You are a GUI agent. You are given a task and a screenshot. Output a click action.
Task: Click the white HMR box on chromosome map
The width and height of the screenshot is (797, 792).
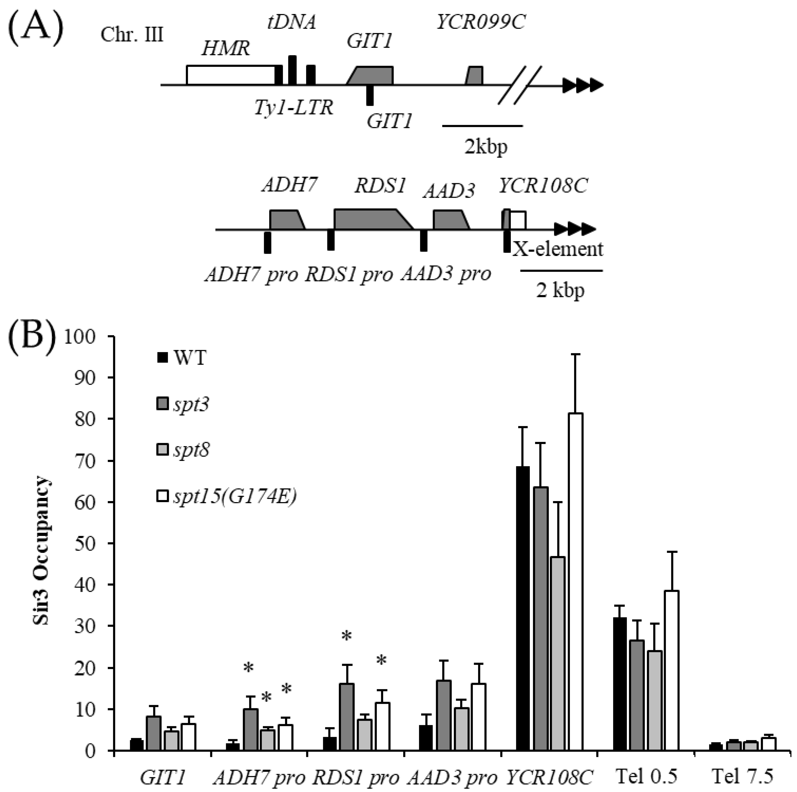point(231,75)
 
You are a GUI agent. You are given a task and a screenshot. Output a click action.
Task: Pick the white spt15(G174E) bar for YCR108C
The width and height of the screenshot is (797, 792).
point(575,582)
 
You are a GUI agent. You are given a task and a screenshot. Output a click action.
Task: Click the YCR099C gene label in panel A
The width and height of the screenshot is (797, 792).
point(481,23)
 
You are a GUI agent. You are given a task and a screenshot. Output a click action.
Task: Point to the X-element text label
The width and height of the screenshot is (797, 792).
point(558,249)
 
